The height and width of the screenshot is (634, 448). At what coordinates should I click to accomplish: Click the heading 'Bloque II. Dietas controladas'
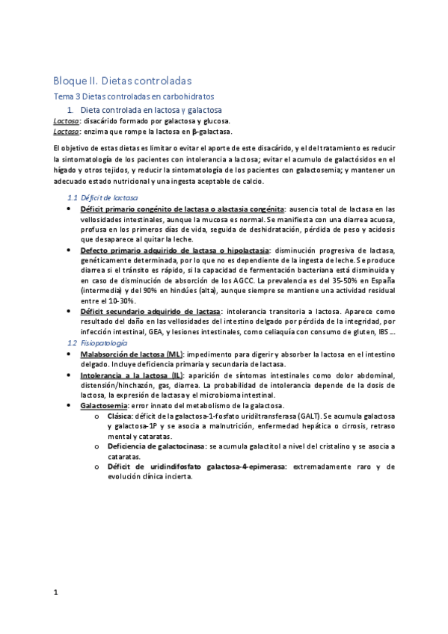tap(123, 80)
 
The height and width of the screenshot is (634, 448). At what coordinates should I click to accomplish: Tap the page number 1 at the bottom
tap(56, 593)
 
